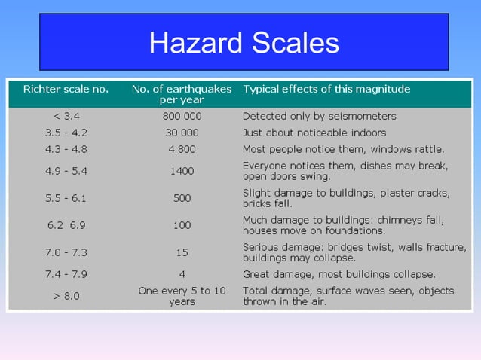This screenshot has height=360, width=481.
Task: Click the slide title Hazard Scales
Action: click(244, 43)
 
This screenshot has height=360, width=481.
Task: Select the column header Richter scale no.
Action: click(66, 89)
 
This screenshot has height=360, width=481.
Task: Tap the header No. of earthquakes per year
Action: click(182, 94)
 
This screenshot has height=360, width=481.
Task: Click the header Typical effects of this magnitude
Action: click(326, 89)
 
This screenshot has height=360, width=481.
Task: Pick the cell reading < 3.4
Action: click(66, 117)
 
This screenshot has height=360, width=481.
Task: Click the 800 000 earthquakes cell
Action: click(182, 117)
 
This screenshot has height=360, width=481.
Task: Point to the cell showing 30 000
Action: click(182, 133)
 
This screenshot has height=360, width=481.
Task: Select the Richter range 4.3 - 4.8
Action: click(66, 149)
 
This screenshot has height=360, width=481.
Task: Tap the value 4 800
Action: click(182, 149)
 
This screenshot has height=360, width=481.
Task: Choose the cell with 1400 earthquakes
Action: click(182, 171)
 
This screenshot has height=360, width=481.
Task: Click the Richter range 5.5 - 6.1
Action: click(66, 198)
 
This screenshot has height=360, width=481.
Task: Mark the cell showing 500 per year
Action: click(182, 198)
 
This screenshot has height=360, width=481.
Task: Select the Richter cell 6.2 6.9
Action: click(66, 225)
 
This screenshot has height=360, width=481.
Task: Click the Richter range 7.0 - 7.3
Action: click(66, 252)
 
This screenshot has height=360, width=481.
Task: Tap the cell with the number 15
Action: click(182, 252)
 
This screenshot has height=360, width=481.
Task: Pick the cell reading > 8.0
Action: click(66, 296)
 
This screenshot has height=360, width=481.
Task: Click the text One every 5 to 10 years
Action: click(182, 296)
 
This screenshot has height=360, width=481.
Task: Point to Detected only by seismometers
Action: click(319, 117)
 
